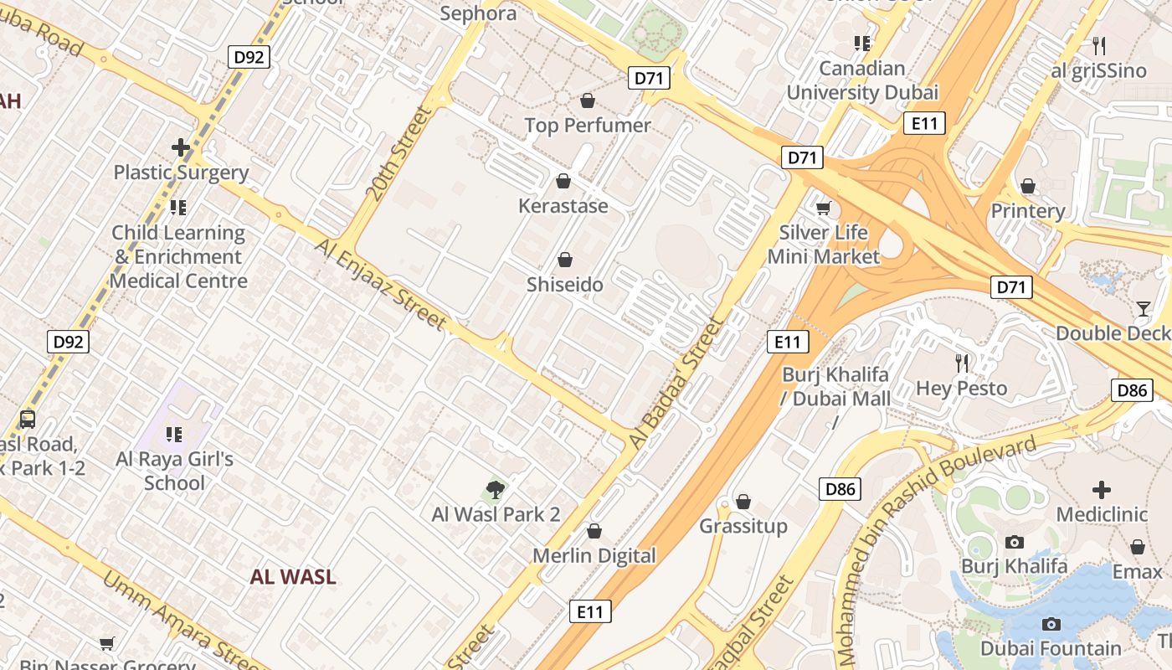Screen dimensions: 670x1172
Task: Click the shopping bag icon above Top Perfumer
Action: (588, 100)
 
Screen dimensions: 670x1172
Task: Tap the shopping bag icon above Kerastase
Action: (563, 181)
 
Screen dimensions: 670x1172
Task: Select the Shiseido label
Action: (564, 285)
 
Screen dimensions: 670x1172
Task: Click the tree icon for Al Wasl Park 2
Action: (496, 489)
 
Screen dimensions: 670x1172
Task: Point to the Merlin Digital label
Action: (594, 555)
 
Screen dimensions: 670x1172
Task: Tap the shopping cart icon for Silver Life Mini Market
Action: (824, 207)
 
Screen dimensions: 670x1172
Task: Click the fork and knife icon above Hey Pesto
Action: (962, 363)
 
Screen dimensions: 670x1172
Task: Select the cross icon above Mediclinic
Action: (1102, 489)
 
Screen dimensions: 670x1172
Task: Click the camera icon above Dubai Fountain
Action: (1051, 624)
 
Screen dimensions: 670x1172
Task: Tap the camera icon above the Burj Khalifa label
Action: (1015, 542)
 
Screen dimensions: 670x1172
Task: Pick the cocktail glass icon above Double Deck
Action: (1144, 308)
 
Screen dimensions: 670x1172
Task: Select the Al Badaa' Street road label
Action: (675, 383)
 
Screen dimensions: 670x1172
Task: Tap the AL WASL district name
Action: (293, 576)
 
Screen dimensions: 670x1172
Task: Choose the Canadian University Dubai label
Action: (862, 80)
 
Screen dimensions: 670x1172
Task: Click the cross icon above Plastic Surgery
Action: (181, 148)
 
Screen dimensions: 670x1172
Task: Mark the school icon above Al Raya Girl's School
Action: (174, 434)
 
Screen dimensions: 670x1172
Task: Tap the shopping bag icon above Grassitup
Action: (743, 502)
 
